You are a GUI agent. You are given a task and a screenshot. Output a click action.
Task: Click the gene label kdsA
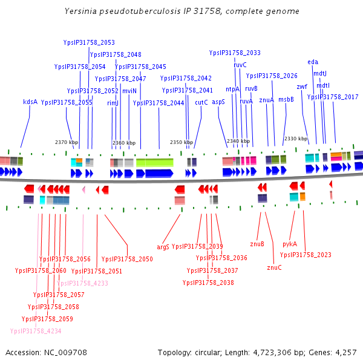(30, 102)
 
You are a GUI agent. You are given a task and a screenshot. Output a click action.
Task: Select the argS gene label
(163, 247)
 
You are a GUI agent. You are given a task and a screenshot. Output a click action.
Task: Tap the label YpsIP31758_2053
(89, 42)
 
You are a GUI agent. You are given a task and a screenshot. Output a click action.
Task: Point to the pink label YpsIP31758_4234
(36, 331)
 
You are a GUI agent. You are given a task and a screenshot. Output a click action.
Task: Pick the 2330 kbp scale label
(296, 139)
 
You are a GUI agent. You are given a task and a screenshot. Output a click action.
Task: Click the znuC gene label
(274, 267)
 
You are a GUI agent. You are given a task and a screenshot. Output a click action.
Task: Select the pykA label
(290, 244)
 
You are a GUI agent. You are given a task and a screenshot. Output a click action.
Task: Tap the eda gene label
(313, 62)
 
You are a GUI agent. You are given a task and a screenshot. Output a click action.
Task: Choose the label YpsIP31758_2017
(333, 97)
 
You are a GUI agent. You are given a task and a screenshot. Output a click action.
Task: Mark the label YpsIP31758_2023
(306, 255)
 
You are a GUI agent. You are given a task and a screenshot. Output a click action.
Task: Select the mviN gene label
(129, 91)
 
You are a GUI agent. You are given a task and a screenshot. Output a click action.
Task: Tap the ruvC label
(240, 65)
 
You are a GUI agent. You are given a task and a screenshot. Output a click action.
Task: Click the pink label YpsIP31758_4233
(82, 283)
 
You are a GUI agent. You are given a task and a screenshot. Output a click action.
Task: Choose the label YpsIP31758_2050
(127, 259)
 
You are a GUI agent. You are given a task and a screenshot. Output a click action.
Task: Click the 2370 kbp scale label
(67, 142)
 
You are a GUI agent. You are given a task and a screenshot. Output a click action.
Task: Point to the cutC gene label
(201, 102)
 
